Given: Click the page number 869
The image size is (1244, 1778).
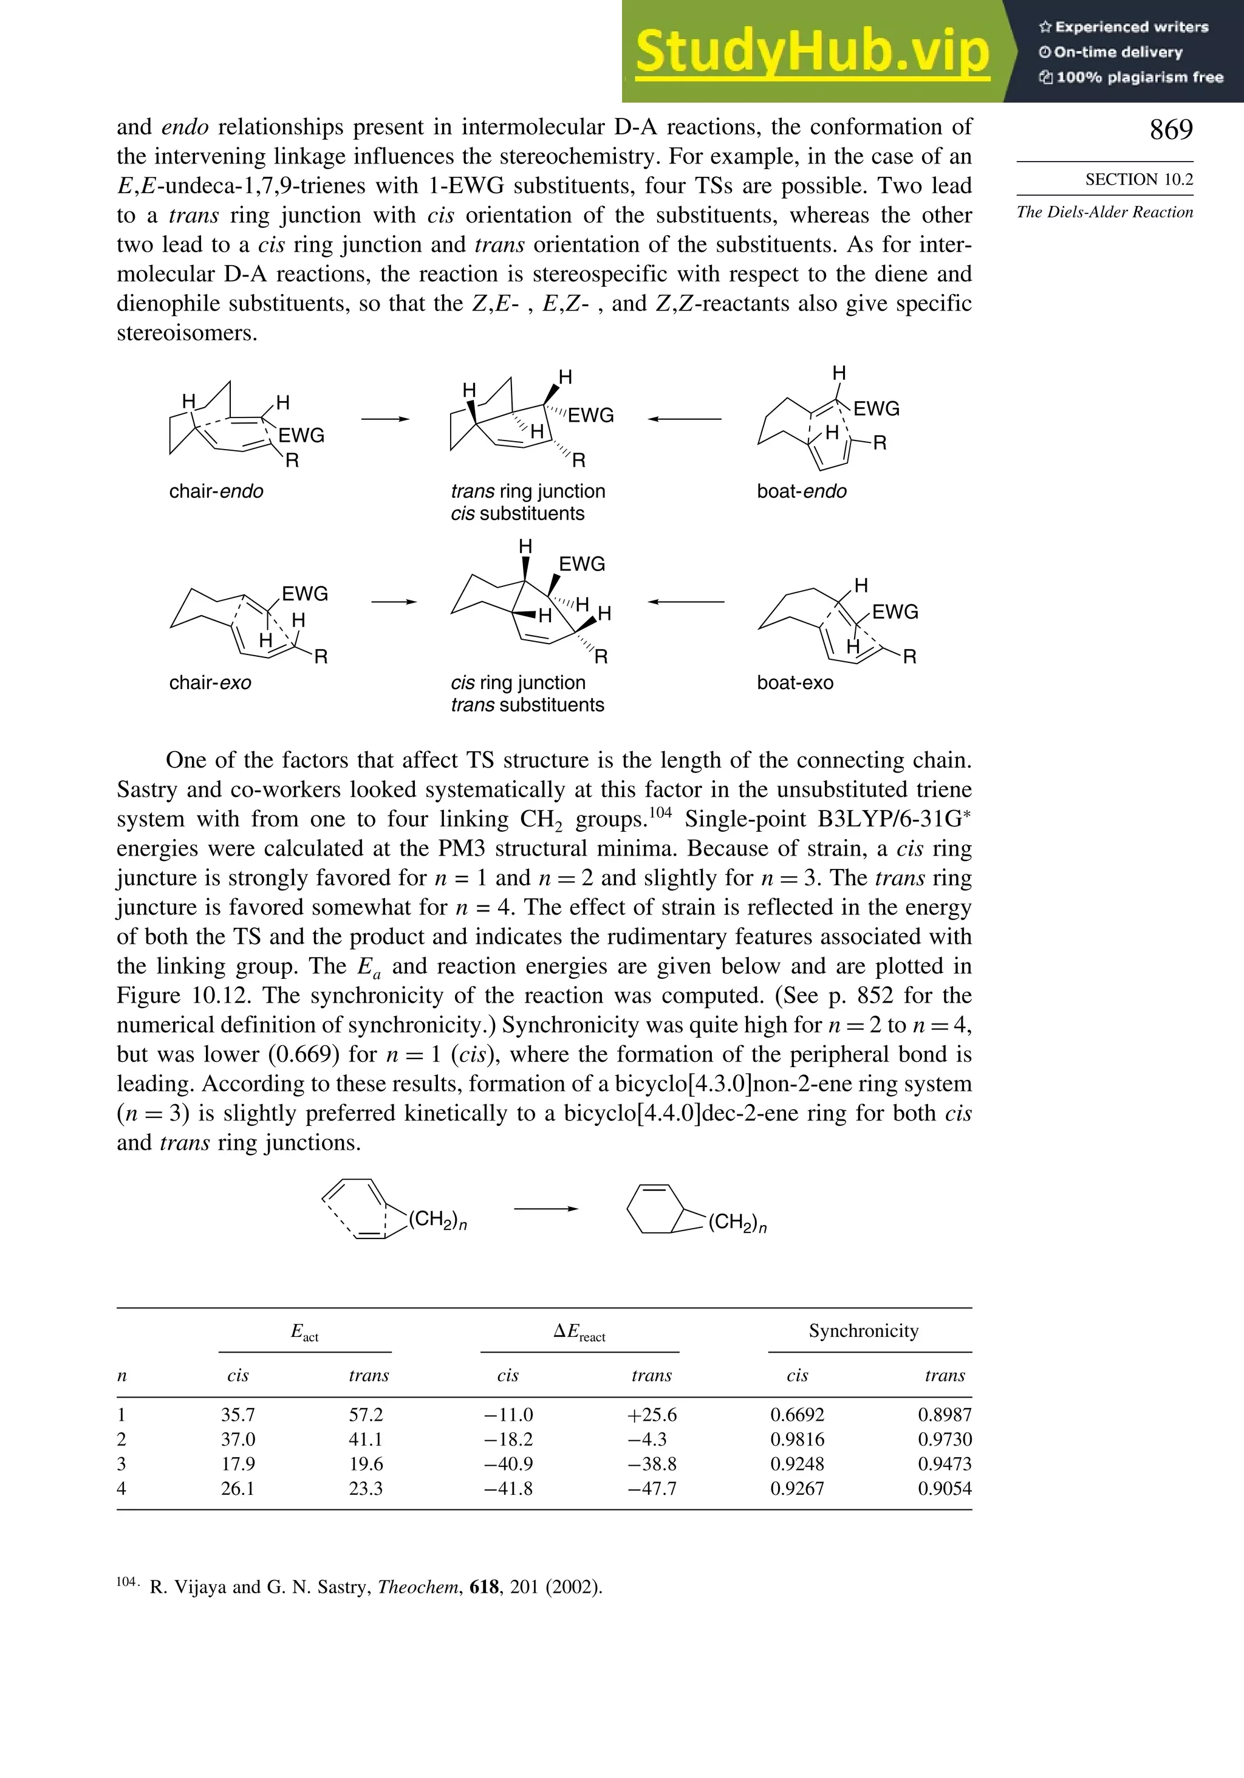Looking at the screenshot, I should tap(1171, 130).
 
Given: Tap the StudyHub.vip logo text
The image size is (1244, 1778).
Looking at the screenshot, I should tap(812, 53).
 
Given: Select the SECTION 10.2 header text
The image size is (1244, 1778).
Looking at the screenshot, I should tap(1139, 180).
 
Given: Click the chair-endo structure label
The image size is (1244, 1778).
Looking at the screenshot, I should tap(216, 491).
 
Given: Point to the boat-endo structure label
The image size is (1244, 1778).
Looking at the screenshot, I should tap(801, 491).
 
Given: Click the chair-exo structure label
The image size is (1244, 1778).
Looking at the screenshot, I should tap(210, 682).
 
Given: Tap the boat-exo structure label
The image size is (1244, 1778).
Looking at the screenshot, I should tap(795, 682).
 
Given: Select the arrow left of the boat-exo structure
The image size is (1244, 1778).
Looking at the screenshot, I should tap(686, 602).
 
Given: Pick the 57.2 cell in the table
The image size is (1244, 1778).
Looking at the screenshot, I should tap(366, 1415).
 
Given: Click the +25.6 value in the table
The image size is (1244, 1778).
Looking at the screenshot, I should tap(652, 1415).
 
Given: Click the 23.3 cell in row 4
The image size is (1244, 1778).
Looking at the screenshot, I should tap(366, 1488).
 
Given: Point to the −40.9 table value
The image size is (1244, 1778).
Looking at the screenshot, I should tap(508, 1464).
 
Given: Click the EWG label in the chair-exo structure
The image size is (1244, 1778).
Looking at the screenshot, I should tap(304, 594).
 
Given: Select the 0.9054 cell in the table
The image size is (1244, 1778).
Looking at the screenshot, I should tap(945, 1488).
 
